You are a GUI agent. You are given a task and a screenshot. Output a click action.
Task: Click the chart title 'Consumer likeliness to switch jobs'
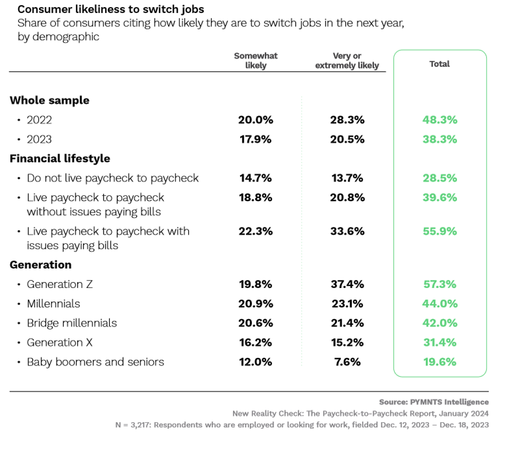tap(111, 10)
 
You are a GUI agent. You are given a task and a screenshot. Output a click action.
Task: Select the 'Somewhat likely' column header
tap(256, 60)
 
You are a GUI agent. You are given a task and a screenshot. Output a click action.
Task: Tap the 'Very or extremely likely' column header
tap(347, 60)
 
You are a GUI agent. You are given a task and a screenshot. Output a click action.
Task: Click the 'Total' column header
tap(439, 64)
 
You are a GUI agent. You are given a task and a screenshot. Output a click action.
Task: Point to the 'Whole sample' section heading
tap(50, 100)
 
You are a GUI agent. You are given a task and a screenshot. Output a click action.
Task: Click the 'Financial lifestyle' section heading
tap(60, 159)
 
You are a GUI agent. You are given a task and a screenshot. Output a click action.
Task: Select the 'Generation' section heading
tap(40, 265)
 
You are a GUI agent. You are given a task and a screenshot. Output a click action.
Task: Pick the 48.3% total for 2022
tap(439, 120)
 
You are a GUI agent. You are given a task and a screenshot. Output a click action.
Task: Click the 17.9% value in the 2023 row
tap(256, 139)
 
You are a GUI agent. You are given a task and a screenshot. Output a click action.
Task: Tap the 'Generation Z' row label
tap(59, 284)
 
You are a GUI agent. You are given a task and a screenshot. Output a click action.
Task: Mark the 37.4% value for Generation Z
tap(347, 284)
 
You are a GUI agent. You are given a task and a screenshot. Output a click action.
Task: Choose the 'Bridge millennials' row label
tap(72, 323)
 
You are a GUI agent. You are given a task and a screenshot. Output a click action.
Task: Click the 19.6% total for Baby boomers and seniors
tap(439, 362)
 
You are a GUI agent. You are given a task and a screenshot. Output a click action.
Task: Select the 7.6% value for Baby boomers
tap(347, 362)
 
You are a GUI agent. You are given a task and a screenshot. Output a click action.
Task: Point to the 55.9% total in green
tap(439, 231)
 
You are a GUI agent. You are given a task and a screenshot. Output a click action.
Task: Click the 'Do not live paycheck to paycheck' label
tap(113, 178)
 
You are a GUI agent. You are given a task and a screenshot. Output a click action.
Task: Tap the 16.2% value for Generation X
tap(256, 342)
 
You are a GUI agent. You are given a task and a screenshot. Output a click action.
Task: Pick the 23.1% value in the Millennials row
tap(347, 304)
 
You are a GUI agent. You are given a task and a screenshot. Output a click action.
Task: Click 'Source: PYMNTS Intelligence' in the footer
tap(434, 402)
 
